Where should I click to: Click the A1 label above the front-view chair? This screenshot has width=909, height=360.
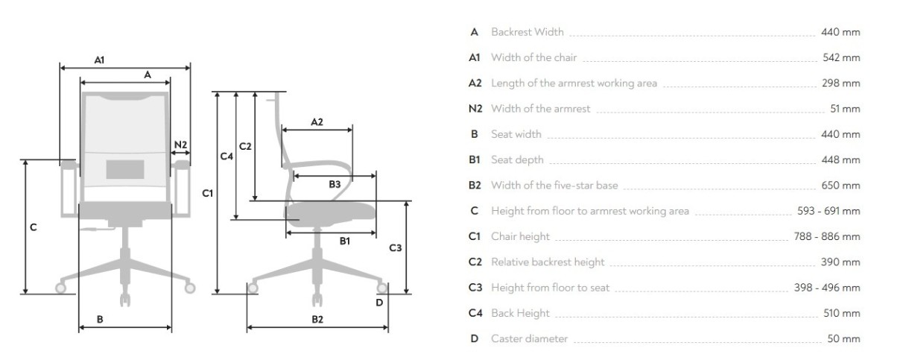pos(99,60)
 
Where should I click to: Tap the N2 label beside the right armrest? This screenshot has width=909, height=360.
pos(181,145)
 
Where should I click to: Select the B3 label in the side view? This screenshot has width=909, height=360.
pos(335,183)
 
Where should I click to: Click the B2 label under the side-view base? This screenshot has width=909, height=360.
pos(317,320)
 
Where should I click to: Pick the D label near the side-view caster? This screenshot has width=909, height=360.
pos(379,302)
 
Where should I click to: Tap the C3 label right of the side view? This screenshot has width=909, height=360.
pos(396,247)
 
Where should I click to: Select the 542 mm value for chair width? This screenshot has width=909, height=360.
pos(841,57)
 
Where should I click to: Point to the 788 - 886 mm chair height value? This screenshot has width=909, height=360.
pos(827,237)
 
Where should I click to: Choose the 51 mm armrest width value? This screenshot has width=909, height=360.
pos(845,109)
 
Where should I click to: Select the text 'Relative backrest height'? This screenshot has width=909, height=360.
pos(548,262)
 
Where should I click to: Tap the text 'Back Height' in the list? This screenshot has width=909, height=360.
pos(520,314)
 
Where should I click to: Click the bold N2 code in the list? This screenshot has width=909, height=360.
pos(475,109)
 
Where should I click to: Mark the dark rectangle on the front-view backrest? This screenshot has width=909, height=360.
pos(125,168)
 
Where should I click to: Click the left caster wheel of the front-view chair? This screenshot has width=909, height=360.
pos(61,287)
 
